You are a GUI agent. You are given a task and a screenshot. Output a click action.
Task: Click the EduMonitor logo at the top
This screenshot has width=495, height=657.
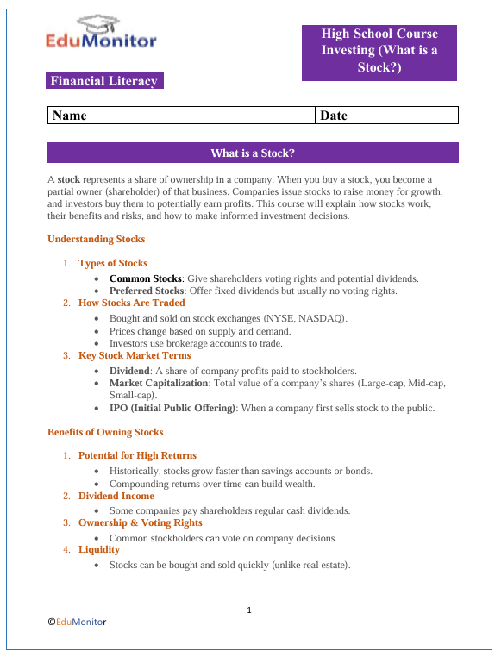tap(102, 34)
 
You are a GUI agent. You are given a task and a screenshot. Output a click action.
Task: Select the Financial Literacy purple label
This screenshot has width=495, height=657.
tap(104, 81)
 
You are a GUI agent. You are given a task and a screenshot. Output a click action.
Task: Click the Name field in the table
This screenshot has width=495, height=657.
tap(181, 116)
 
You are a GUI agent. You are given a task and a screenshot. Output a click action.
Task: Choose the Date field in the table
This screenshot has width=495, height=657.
tap(386, 116)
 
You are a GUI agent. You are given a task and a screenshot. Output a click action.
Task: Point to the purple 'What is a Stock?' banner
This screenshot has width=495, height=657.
tap(253, 153)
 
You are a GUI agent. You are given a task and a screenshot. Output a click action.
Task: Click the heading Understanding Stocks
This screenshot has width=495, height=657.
tap(96, 239)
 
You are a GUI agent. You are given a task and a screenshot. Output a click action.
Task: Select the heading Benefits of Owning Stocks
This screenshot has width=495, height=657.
tap(105, 431)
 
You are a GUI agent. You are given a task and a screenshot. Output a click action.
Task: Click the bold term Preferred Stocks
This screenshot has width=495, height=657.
tap(147, 291)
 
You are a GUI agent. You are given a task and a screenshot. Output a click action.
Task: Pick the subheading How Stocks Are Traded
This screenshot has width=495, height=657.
tap(131, 303)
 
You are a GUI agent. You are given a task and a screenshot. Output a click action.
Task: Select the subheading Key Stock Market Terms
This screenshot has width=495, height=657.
tap(135, 355)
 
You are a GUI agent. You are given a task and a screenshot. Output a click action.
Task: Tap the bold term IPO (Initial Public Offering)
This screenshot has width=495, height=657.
tap(172, 408)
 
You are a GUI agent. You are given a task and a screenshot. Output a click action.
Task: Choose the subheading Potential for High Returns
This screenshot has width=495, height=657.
tap(137, 455)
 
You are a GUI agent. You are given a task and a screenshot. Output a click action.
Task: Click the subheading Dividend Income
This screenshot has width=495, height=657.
tap(116, 496)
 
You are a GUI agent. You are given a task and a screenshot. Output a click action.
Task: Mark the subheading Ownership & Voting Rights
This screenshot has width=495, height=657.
tap(140, 522)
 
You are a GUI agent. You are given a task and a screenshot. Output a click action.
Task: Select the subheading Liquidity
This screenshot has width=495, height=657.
tap(99, 549)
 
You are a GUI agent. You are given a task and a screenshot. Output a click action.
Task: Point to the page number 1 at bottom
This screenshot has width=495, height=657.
tap(248, 610)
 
